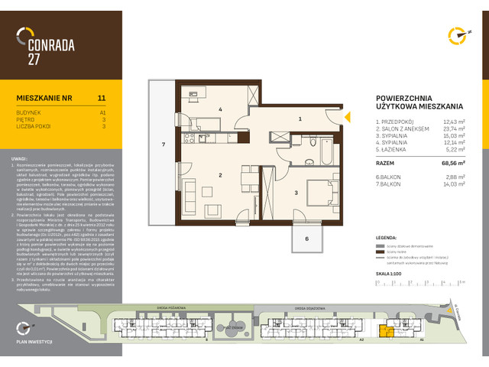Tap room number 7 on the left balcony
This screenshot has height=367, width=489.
pos(163,144)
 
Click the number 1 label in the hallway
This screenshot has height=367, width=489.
pos(300,119)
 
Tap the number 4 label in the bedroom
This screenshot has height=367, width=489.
pos(220,109)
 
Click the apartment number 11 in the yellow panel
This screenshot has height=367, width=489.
pos(102,99)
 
